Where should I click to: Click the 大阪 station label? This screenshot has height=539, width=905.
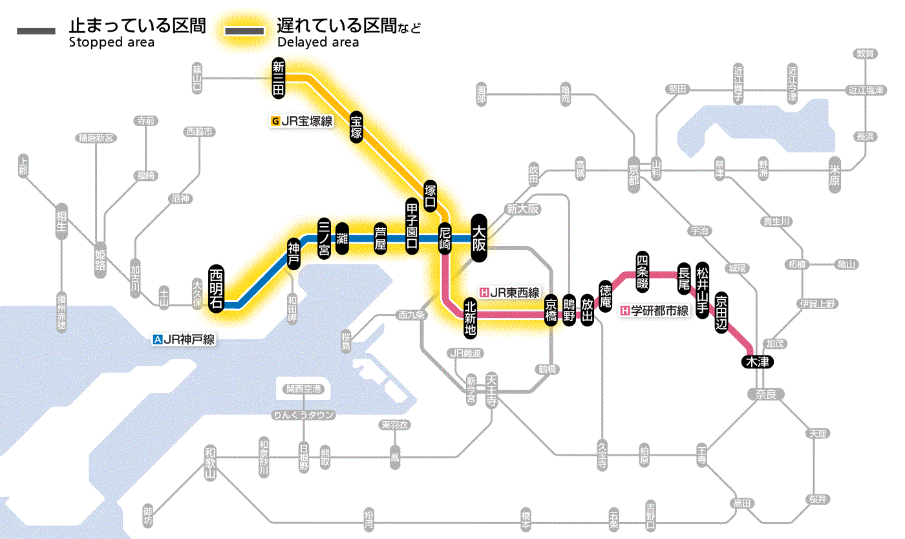479,238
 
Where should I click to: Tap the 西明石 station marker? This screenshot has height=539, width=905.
217,288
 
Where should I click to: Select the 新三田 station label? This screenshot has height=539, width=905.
279,79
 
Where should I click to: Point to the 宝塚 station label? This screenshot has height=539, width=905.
356,127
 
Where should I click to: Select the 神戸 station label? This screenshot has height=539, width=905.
293,254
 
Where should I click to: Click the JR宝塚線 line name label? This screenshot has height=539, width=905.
303,121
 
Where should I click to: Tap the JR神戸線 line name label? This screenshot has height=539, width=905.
184,339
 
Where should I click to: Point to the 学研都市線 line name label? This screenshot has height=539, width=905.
655,311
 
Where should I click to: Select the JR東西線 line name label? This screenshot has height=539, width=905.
509,291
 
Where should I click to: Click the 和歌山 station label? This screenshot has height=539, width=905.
209,463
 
